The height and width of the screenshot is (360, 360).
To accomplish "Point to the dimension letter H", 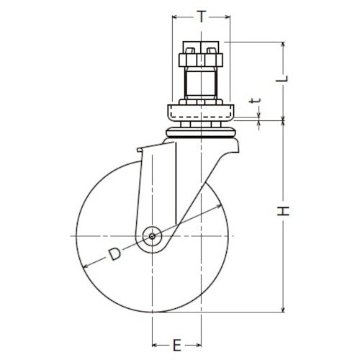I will [285, 211].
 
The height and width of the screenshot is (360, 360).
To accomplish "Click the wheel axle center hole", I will [152, 235].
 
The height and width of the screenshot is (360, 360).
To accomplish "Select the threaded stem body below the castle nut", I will [201, 85].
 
